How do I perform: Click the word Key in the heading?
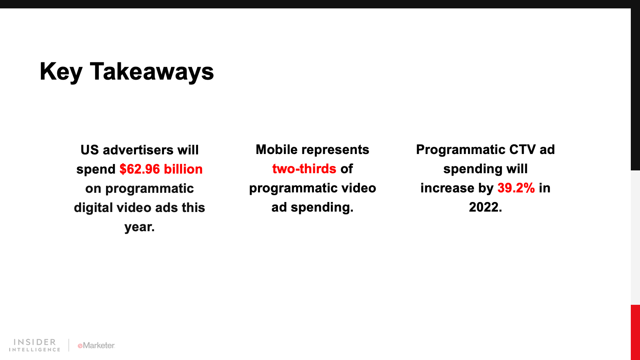coord(61,72)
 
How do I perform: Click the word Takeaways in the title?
coord(152,72)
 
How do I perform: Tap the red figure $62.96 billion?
coord(161,169)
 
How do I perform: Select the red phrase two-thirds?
coord(304,168)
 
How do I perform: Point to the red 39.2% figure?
coord(516,188)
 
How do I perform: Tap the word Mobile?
coord(276,150)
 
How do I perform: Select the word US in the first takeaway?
coord(90,150)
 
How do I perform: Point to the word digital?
coord(93,208)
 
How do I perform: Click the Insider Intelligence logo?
coord(34,345)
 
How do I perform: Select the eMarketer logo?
coord(96,346)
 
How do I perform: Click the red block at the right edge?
coord(635,332)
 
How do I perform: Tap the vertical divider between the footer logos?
coord(68,345)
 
